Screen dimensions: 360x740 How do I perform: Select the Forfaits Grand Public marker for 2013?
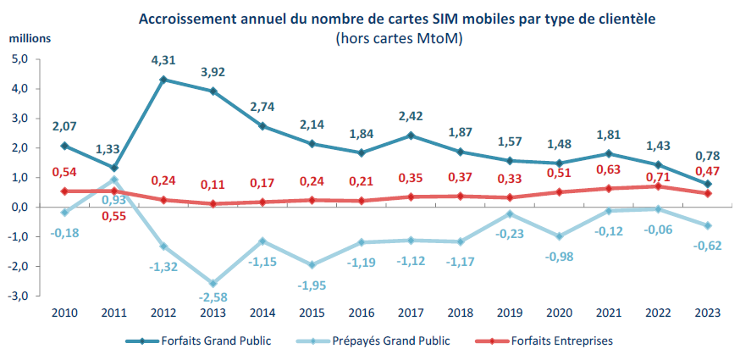coord(214,91)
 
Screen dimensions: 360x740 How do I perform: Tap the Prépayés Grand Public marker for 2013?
coord(214,284)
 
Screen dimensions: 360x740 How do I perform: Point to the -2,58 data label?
coord(214,299)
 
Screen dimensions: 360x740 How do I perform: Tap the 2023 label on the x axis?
coord(707,313)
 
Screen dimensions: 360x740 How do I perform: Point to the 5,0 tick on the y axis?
coord(19,59)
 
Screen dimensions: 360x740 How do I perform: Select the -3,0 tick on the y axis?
coord(18,296)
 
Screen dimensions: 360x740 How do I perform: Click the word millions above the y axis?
coord(30,39)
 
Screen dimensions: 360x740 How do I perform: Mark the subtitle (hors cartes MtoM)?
coord(398,38)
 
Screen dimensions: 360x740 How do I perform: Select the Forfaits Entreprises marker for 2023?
coord(707,193)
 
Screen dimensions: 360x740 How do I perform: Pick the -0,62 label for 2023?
coord(707,245)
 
